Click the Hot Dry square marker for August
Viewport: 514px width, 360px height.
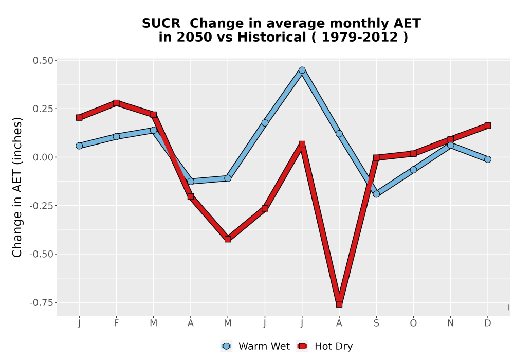tap(339, 304)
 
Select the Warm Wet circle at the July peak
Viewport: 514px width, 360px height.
tap(302, 70)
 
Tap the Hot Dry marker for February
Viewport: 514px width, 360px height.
tap(116, 103)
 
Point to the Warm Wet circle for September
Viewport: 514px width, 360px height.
tap(376, 194)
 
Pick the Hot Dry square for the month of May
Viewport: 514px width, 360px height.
tap(228, 239)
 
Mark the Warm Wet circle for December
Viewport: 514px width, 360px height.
tap(488, 159)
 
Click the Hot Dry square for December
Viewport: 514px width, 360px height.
tap(488, 125)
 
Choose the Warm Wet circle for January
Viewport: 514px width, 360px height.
tap(79, 146)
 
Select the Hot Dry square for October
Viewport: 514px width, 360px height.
tap(413, 153)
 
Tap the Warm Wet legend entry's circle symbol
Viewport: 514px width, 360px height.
tap(226, 346)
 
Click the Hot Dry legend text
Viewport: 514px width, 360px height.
tap(334, 346)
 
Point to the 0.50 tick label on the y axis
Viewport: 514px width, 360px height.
tap(43, 61)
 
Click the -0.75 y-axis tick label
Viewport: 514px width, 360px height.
tap(42, 303)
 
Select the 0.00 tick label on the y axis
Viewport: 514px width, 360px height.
tap(43, 157)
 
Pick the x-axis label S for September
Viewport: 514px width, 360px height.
tap(376, 323)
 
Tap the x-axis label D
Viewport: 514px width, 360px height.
tap(488, 323)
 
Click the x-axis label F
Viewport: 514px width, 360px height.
tap(116, 323)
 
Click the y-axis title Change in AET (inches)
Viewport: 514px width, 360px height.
tap(17, 187)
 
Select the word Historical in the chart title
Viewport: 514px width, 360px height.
tap(272, 37)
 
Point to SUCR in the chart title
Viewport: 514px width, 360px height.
tap(161, 23)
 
